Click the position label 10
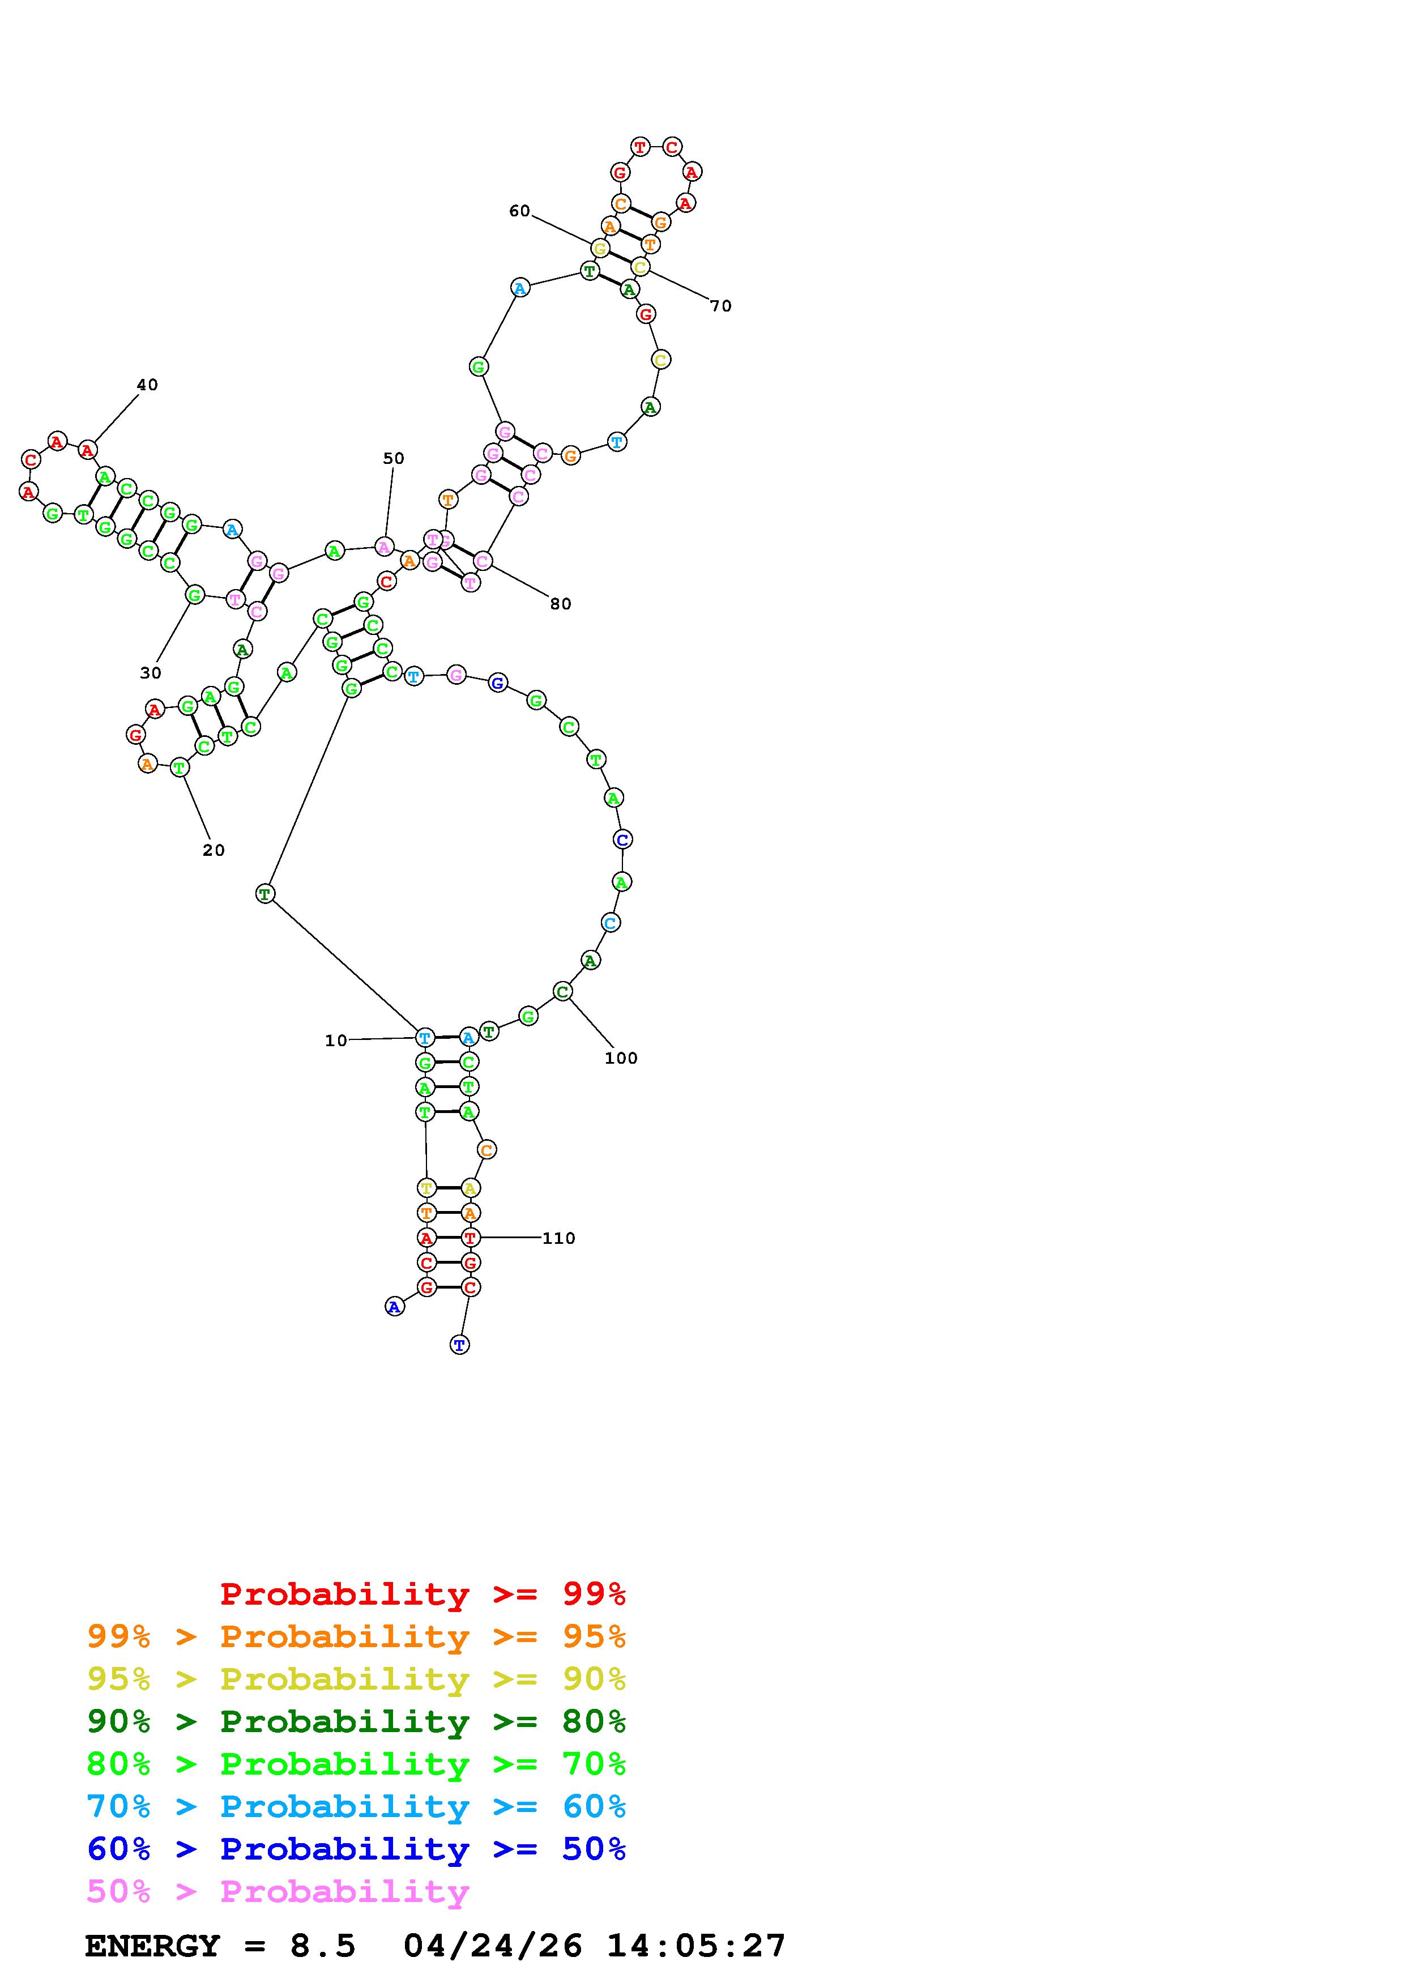[336, 1041]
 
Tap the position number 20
[214, 851]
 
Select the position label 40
[147, 385]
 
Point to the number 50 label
[394, 459]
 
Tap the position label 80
[561, 604]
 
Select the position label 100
[620, 1059]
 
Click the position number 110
[559, 1238]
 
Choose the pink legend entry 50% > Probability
[278, 1891]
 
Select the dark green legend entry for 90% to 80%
[356, 1721]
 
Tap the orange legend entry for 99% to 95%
[356, 1636]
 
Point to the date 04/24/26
[493, 1946]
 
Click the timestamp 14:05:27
[697, 1946]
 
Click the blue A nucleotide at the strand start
[395, 1307]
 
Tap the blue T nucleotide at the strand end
[459, 1345]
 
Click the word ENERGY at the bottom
[152, 1946]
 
